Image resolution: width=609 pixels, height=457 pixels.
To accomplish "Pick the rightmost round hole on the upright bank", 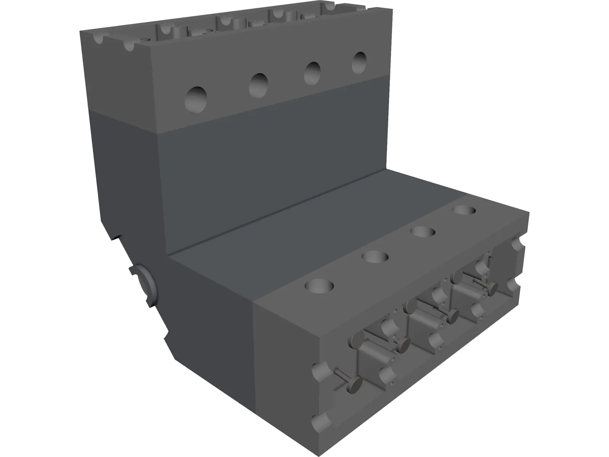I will point(359,62).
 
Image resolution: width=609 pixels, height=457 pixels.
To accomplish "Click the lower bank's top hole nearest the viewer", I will point(319,285).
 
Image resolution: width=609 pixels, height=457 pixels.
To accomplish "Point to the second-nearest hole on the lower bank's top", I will point(375,257).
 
